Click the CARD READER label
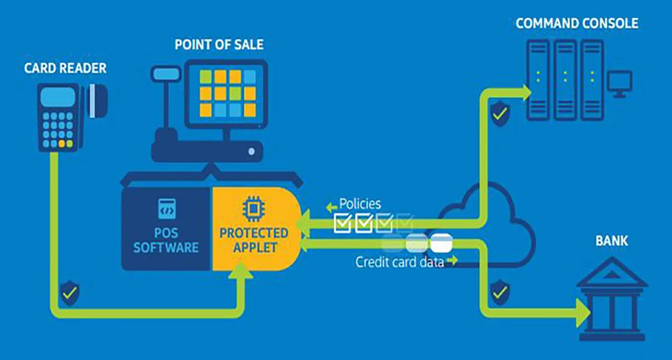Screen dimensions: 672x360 point(65,68)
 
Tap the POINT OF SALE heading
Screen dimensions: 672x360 point(219,44)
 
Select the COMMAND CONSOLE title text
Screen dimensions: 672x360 point(577,23)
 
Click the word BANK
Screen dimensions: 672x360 point(611,241)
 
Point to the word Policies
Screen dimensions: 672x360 point(360,203)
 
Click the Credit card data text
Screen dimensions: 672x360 point(400,262)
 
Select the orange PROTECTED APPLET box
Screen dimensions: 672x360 point(256,229)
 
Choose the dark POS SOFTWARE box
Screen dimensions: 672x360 point(167,229)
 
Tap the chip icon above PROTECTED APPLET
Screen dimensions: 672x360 point(253,209)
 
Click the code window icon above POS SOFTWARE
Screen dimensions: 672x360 point(167,209)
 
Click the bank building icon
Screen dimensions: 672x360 point(611,299)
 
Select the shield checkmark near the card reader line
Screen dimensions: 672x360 point(70,293)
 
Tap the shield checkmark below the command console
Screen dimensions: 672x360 point(500,113)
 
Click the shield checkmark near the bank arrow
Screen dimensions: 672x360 point(500,292)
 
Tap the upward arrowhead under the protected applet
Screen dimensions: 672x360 point(241,271)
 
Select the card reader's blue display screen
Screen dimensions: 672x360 point(58,97)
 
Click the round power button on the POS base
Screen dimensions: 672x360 point(251,151)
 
